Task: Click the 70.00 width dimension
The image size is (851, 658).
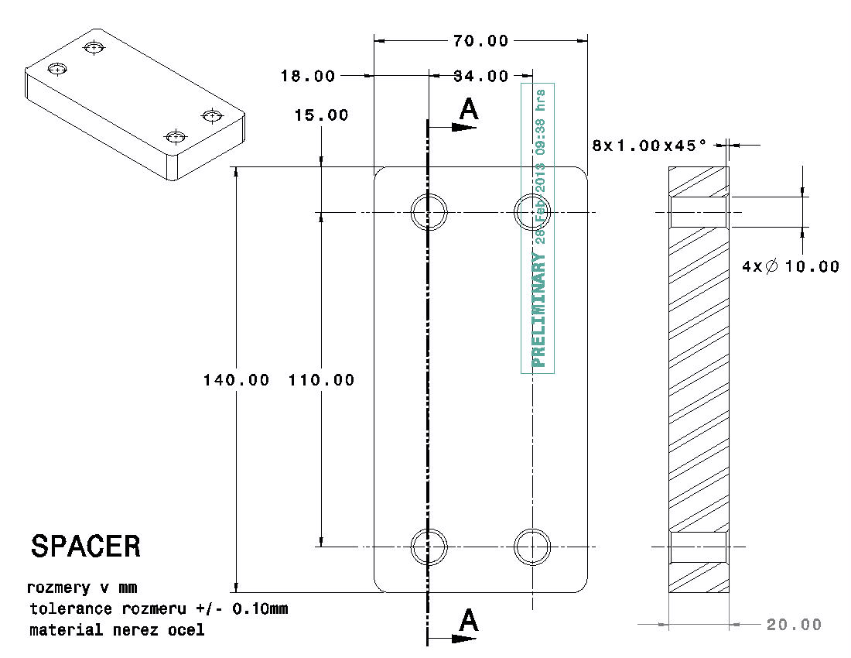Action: [481, 41]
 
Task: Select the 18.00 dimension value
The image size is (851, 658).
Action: [308, 76]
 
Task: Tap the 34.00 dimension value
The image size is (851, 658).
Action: [481, 76]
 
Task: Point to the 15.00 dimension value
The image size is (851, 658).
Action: [321, 115]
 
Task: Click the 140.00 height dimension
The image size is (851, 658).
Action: [236, 380]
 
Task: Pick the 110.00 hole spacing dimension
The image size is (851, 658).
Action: [321, 380]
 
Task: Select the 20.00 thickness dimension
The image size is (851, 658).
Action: [794, 624]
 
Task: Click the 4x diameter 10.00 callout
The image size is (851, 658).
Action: [790, 266]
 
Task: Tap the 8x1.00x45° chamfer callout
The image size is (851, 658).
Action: [650, 145]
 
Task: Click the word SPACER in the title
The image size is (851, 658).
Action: [86, 547]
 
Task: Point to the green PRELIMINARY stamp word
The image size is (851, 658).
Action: [538, 310]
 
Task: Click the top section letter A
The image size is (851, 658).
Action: [468, 110]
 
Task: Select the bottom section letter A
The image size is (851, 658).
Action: [467, 621]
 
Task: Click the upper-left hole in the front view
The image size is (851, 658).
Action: [429, 211]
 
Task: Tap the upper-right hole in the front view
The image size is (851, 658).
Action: [533, 211]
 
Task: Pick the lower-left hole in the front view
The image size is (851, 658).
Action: [429, 547]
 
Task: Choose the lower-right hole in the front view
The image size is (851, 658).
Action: [533, 547]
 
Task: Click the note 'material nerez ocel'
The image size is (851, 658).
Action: [117, 630]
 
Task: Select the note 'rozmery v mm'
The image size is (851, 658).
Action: [82, 588]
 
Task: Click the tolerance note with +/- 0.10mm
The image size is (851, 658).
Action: [159, 608]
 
